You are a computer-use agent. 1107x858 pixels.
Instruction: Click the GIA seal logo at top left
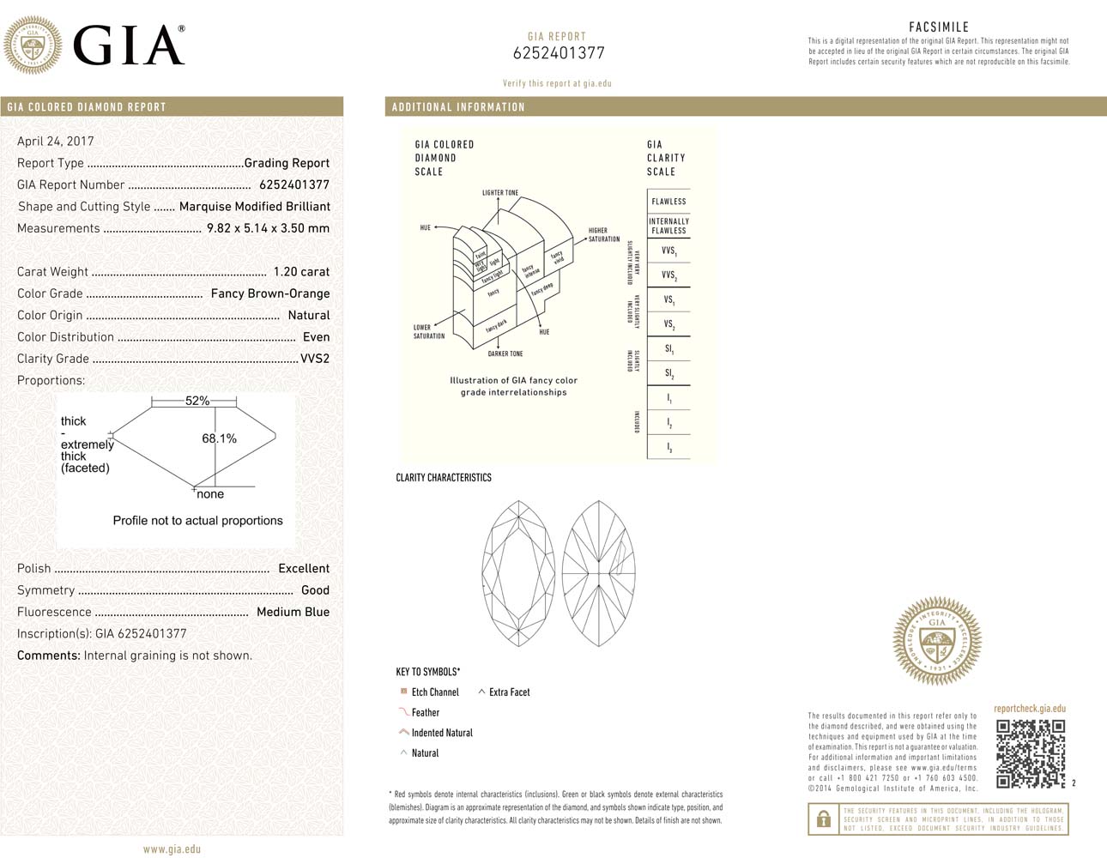33,45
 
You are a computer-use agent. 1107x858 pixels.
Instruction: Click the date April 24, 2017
56,142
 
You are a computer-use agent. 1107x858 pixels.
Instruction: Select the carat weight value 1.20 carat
301,272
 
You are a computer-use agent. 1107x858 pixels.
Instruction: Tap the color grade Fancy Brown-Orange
270,293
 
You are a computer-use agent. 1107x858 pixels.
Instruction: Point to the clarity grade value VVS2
315,359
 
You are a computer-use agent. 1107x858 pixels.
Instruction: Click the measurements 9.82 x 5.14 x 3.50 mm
268,228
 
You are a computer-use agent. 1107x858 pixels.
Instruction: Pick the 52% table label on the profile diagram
197,401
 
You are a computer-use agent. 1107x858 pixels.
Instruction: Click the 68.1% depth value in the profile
219,438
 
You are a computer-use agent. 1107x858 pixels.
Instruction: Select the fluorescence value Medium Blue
293,612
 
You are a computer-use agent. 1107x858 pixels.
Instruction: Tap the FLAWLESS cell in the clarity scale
668,202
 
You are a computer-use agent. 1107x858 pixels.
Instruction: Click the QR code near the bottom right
1030,753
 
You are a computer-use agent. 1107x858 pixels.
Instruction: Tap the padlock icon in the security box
824,819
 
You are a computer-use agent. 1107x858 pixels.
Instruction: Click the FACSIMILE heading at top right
938,27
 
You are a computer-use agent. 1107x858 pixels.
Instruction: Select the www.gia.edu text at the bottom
172,849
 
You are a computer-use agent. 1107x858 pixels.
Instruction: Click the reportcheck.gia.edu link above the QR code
1029,709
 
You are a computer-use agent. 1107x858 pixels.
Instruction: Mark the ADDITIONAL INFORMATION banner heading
458,107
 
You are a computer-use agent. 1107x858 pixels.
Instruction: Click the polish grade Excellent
304,569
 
